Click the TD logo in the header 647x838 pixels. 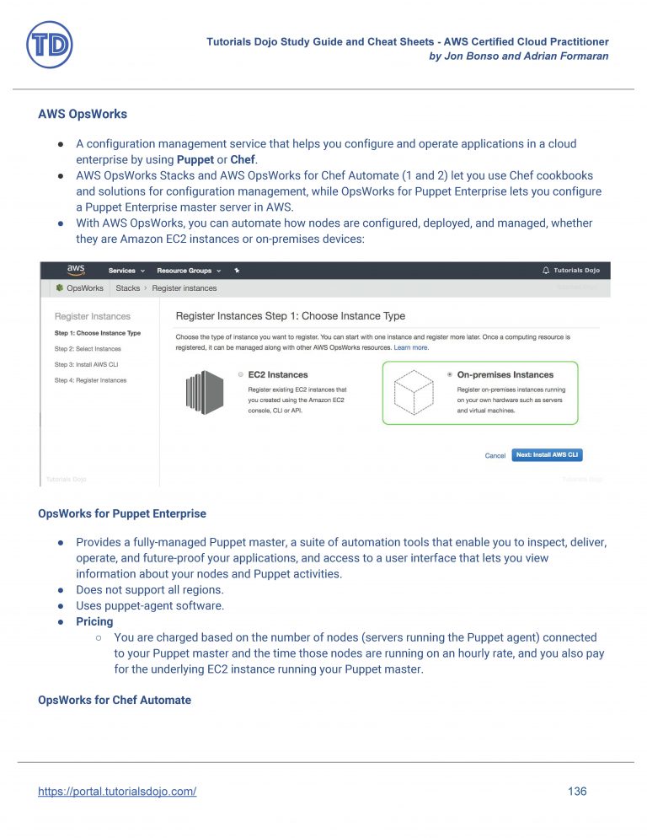point(50,45)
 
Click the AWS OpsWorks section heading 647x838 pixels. point(83,114)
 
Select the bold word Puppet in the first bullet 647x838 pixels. point(194,159)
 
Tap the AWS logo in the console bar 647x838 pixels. point(76,271)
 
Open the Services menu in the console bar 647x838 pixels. point(126,271)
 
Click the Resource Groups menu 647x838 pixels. point(188,271)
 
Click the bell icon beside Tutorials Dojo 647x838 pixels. point(545,271)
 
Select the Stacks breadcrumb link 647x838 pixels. point(128,288)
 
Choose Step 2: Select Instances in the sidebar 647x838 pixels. point(88,348)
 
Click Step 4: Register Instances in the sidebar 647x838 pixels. point(90,380)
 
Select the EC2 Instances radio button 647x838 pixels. point(241,374)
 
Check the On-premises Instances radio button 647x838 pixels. point(450,374)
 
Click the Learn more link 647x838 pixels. point(411,347)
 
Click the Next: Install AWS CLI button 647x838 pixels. point(547,454)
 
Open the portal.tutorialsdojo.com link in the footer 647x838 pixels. point(117,792)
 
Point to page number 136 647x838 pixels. point(577,792)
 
